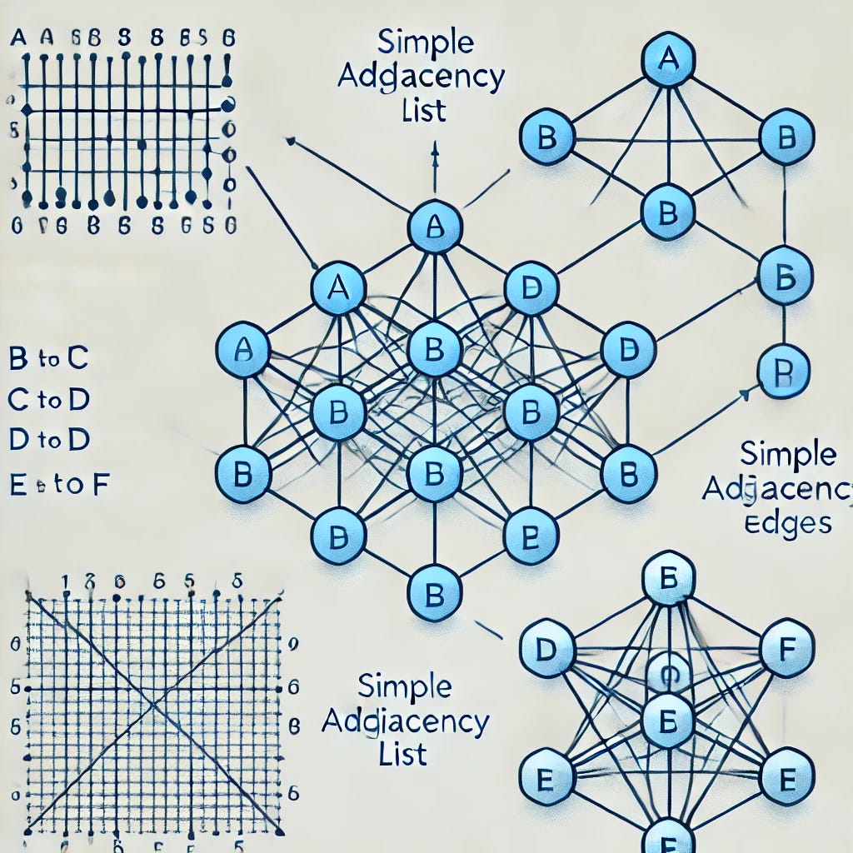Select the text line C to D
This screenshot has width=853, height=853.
(x=49, y=400)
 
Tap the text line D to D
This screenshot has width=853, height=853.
(x=49, y=441)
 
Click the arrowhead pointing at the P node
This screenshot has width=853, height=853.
(x=742, y=390)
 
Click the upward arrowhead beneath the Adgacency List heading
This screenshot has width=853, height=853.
(x=435, y=148)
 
